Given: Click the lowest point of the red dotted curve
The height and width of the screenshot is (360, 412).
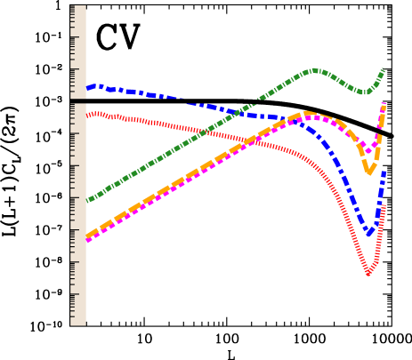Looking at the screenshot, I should pos(368,274).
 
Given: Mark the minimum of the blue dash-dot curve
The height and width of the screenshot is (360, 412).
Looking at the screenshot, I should pos(369,233).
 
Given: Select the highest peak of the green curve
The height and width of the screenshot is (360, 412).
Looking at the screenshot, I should pos(315,70).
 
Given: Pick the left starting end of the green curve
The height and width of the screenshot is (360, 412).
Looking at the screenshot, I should pos(87,201).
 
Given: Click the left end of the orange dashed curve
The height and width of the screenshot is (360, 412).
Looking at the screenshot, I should pos(87,236).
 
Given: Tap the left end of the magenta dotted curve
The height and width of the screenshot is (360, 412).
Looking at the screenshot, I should pos(87,240).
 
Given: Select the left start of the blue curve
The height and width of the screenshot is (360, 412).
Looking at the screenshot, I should pos(87,87).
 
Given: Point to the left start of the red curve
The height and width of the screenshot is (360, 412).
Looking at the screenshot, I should pos(87,115).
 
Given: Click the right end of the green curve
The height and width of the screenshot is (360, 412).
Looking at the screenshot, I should pos(384,70).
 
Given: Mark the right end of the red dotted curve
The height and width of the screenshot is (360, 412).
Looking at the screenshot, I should pos(384,207).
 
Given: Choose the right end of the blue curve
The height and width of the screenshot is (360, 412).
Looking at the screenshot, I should pos(384,172).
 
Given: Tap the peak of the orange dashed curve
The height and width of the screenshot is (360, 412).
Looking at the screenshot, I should pos(307,114).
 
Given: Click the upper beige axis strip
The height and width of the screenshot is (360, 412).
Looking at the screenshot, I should pos(78,52).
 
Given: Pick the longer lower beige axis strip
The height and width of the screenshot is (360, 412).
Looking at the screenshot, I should pos(78,214).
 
